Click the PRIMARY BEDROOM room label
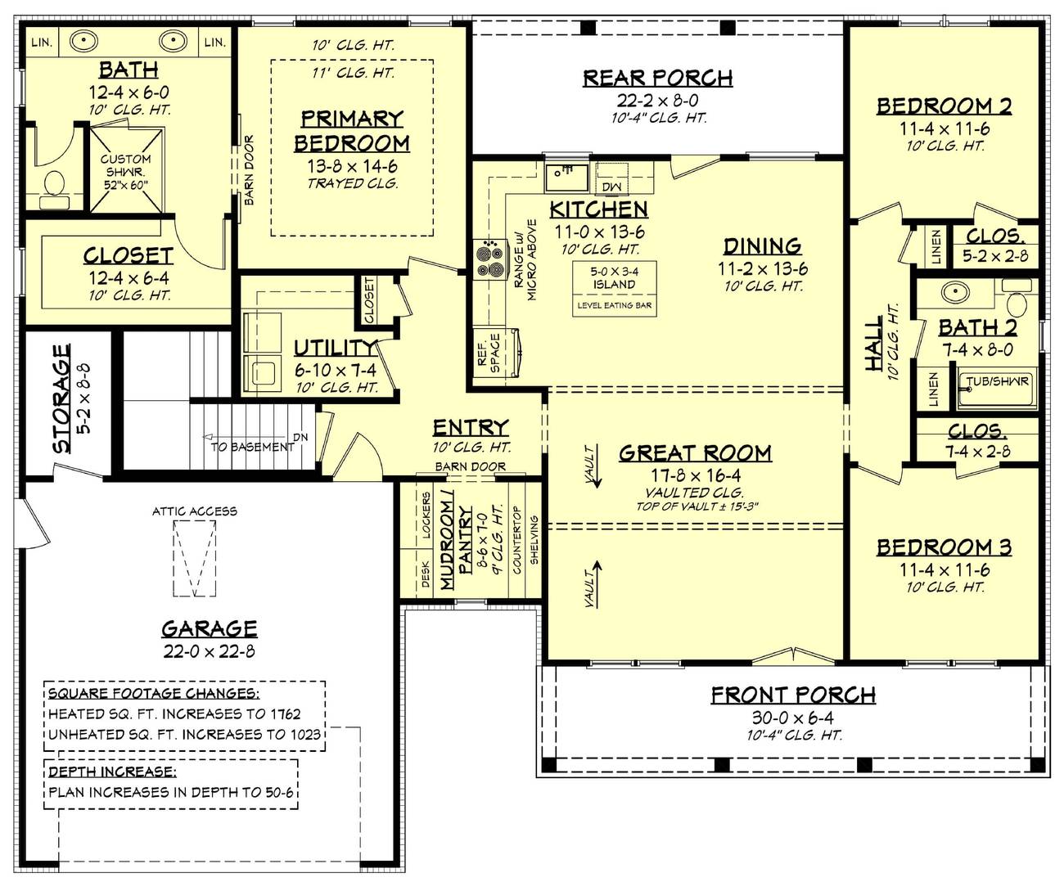tap(351, 131)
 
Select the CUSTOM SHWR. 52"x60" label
tap(125, 171)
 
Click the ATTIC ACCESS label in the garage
tap(194, 511)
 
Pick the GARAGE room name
tap(209, 628)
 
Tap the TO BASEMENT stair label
tap(252, 447)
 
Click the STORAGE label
tap(62, 398)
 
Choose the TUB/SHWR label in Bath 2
tap(997, 381)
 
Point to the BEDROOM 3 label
tap(944, 547)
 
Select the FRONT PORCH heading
tap(792, 695)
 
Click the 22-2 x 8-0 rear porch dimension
tap(657, 100)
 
